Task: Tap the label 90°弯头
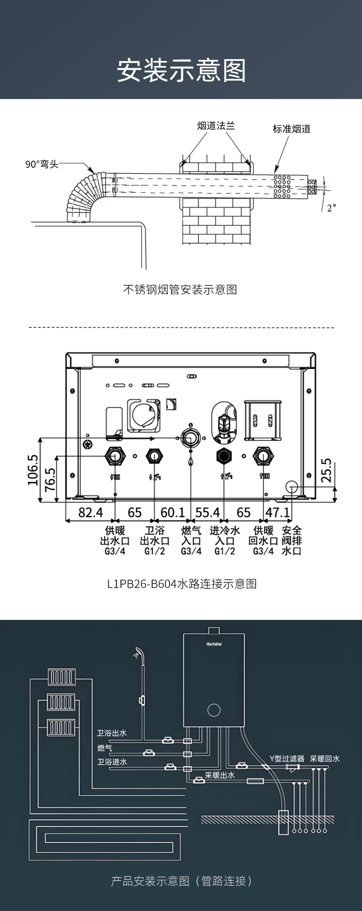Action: point(42,164)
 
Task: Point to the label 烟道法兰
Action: point(216,126)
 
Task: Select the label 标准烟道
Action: point(291,129)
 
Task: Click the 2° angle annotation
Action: point(331,208)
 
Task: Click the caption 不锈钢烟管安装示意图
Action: point(180,289)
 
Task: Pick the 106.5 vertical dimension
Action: point(33,469)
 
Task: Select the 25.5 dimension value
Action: point(326,469)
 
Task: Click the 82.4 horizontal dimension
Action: point(90,512)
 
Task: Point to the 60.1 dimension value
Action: point(172,512)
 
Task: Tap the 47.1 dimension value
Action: point(278,512)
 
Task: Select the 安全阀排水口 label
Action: point(291,541)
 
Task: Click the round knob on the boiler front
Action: point(214,710)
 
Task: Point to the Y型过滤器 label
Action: point(287,759)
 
